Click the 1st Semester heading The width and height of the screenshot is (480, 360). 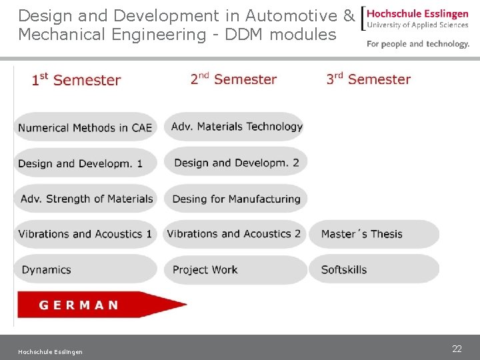tap(76, 80)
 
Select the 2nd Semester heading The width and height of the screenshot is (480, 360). tap(233, 79)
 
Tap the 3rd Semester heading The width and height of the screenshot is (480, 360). tap(369, 79)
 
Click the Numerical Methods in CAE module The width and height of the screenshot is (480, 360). tap(85, 127)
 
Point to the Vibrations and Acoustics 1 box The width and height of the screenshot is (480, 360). tap(85, 234)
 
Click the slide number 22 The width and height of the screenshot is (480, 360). tap(457, 349)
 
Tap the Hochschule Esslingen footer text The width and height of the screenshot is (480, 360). tap(51, 352)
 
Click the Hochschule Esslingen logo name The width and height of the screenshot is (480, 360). tap(418, 14)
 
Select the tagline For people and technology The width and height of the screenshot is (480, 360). tap(418, 44)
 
